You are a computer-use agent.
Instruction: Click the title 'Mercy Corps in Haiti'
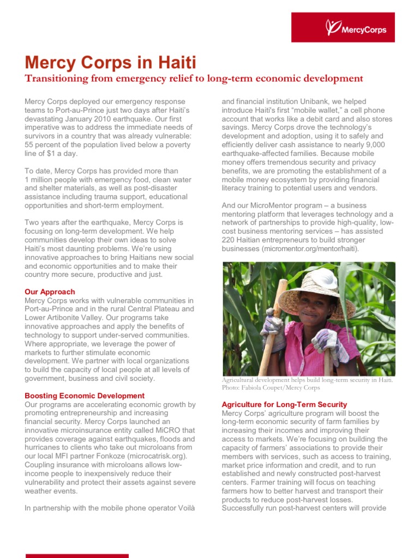click(111, 61)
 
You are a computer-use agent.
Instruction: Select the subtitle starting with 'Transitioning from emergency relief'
click(194, 78)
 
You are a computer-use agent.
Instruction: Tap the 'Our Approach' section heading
click(50, 292)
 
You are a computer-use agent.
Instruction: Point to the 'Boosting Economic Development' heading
click(85, 396)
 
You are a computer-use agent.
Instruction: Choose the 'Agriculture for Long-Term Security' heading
click(284, 404)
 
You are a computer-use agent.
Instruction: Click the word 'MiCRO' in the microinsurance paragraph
click(165, 430)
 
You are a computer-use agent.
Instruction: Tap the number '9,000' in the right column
click(374, 144)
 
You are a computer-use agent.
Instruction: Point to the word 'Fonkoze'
click(107, 456)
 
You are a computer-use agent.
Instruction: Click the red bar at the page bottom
click(77, 555)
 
